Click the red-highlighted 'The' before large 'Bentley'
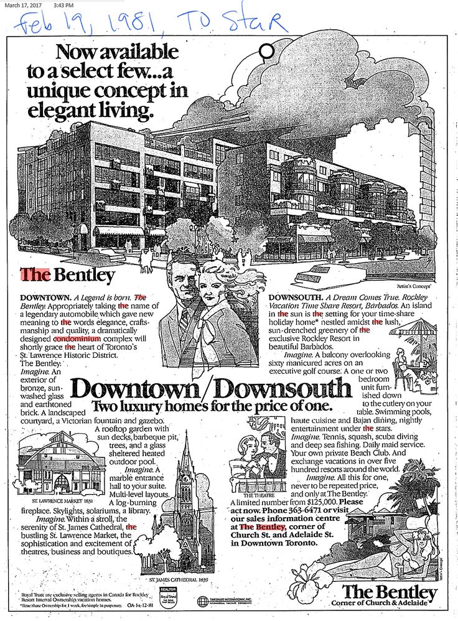[35, 274]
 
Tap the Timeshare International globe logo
[202, 601]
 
